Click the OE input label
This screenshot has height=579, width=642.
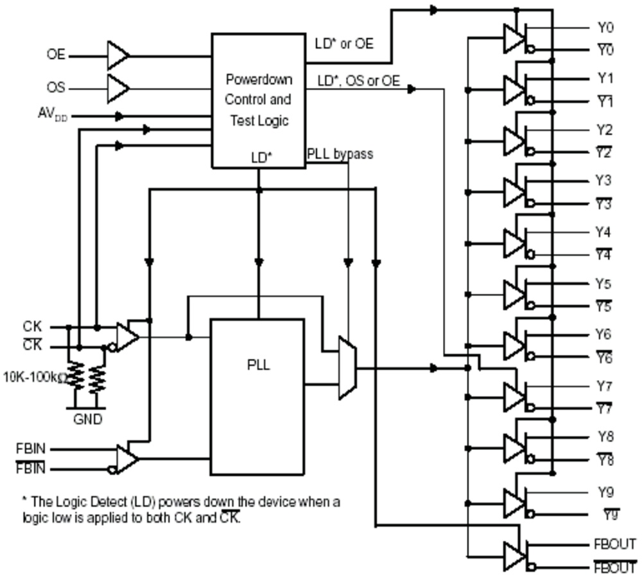tap(56, 55)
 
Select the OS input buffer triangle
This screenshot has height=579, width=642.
tap(117, 87)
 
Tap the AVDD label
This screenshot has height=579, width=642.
tap(55, 116)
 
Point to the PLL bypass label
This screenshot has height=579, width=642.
tap(340, 154)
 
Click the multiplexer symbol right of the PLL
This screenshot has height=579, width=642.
tap(347, 368)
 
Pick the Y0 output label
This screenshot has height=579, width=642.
tap(604, 28)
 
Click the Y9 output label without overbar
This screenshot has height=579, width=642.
tap(604, 492)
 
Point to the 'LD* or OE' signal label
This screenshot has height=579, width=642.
tap(343, 44)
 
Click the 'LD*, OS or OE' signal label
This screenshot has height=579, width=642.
tap(358, 81)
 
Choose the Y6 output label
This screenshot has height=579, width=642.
tap(604, 334)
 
